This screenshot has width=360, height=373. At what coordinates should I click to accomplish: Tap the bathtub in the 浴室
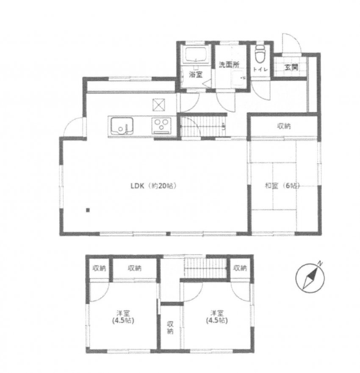[196, 55]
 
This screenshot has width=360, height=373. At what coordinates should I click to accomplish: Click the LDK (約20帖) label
[154, 186]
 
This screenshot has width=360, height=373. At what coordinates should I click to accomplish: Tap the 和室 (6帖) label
[282, 186]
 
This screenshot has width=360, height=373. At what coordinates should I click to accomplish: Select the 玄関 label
[291, 67]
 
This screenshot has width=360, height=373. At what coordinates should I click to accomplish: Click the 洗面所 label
[229, 65]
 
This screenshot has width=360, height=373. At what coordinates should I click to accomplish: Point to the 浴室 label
[196, 75]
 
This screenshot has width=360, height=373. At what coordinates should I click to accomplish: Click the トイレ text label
[260, 69]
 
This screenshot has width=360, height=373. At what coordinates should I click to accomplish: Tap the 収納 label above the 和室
[284, 126]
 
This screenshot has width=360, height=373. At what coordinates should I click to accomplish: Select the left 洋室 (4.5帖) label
[123, 317]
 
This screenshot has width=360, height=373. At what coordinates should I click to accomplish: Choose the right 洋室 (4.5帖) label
[217, 317]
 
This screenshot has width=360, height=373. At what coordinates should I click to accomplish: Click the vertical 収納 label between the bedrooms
[170, 328]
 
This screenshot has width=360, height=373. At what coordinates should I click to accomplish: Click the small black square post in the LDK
[88, 210]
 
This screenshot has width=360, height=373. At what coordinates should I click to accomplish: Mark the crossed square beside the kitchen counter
[159, 105]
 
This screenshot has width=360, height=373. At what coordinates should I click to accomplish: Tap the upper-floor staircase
[205, 268]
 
